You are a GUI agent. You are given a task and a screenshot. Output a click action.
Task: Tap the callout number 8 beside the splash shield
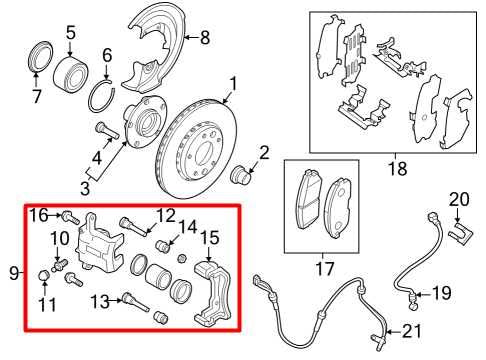point(206,39)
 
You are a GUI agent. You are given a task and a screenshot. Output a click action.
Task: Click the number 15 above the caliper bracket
point(209,237)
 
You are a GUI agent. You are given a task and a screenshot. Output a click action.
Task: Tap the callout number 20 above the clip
point(458,198)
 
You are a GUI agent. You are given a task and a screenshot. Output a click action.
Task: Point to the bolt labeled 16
point(69,215)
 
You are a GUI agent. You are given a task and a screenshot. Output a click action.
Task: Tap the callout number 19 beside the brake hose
point(441,293)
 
